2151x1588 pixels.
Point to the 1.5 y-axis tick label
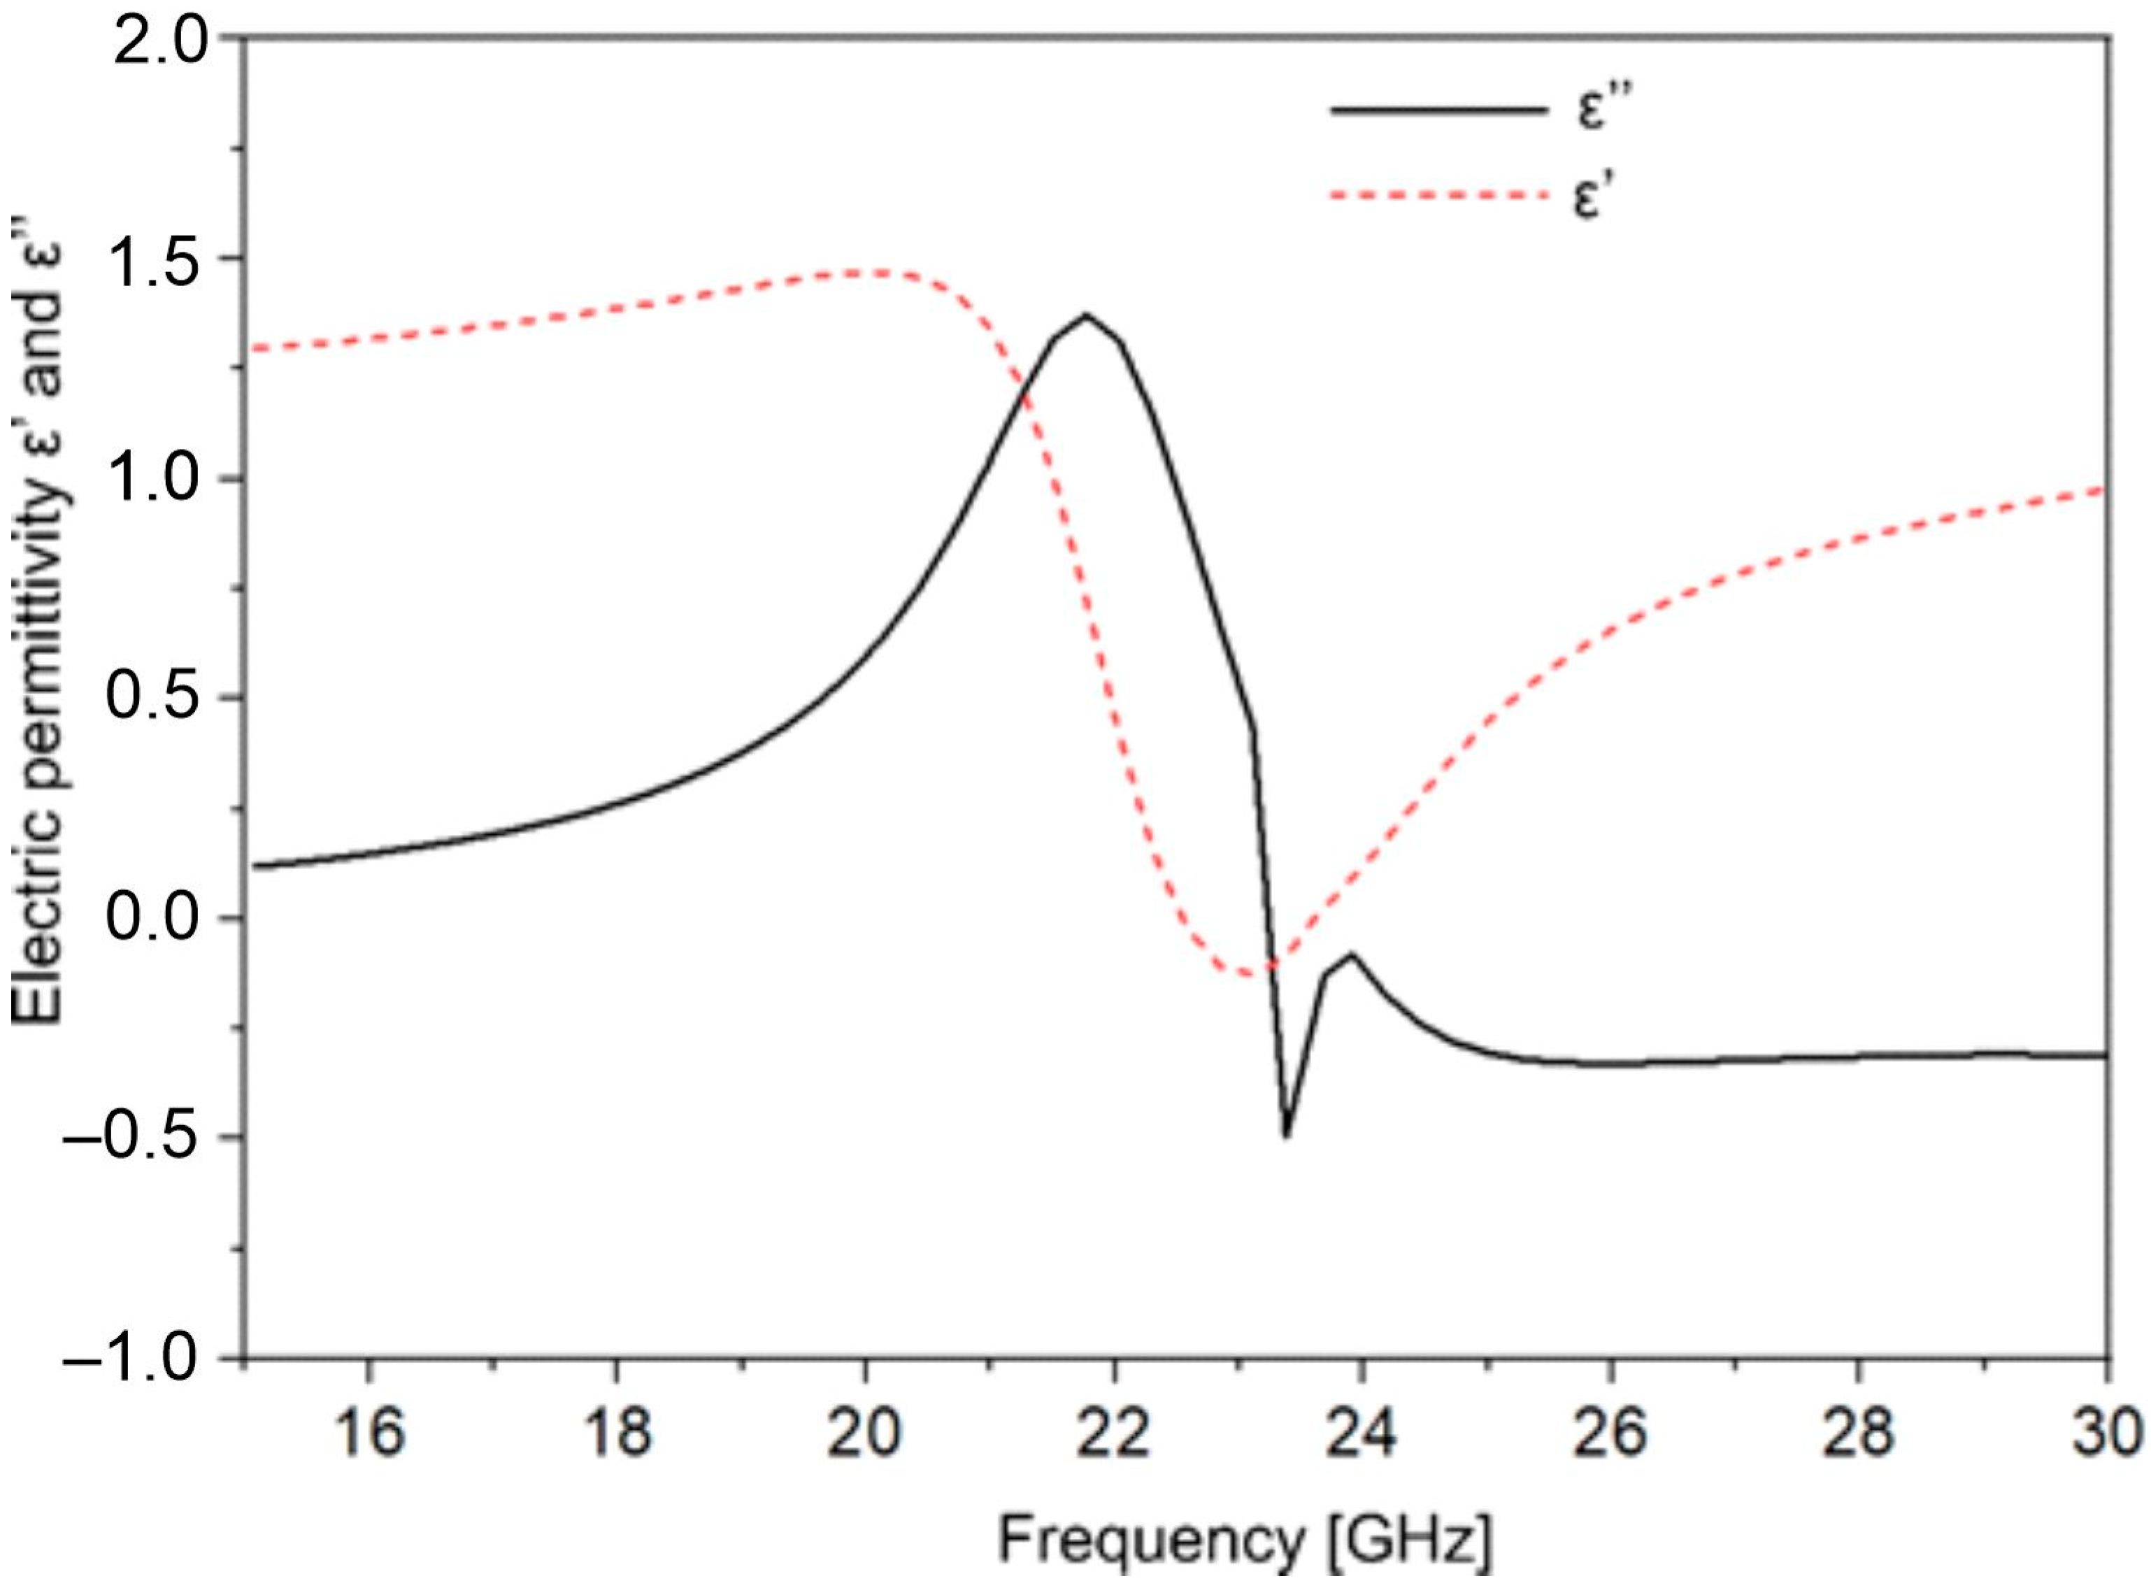pos(159,259)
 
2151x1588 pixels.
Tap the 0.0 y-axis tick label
pos(159,918)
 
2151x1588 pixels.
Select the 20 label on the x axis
pos(865,1431)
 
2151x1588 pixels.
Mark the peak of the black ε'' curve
pos(1086,315)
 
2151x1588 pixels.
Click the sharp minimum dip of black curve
pos(1286,1136)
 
